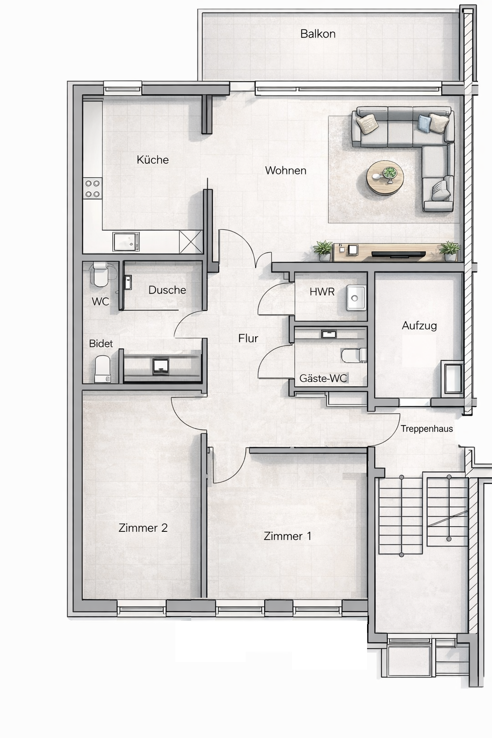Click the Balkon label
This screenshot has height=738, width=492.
click(x=318, y=34)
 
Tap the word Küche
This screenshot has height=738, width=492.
click(x=153, y=160)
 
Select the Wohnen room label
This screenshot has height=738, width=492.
click(x=286, y=171)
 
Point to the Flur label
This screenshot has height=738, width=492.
click(x=248, y=338)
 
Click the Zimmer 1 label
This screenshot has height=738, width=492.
click(x=287, y=536)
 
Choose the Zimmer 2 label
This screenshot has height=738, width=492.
click(x=143, y=528)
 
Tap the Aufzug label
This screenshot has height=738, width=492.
click(x=419, y=326)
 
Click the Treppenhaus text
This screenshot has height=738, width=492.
click(x=427, y=429)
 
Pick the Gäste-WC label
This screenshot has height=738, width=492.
click(x=323, y=378)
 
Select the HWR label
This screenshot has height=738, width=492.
click(x=322, y=292)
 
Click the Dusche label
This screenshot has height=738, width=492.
click(x=167, y=290)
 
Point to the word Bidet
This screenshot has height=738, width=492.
click(x=101, y=344)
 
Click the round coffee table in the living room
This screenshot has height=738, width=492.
click(x=385, y=178)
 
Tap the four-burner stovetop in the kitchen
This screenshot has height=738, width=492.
click(x=92, y=188)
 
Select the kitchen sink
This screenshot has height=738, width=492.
click(x=126, y=242)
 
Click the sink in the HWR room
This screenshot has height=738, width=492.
click(x=356, y=298)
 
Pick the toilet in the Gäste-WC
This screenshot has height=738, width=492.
click(x=354, y=355)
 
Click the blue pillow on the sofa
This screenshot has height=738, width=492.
click(x=424, y=123)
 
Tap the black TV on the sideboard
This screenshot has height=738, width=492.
click(x=398, y=254)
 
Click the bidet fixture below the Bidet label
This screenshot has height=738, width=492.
click(x=103, y=369)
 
